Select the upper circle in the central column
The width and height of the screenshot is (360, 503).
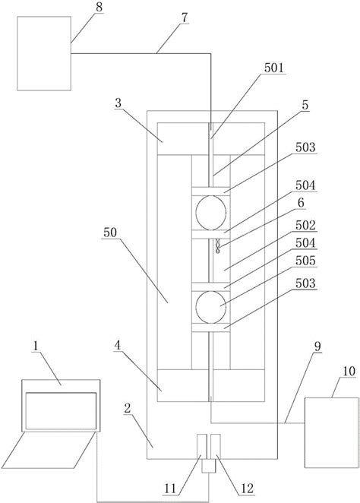click(210, 210)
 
